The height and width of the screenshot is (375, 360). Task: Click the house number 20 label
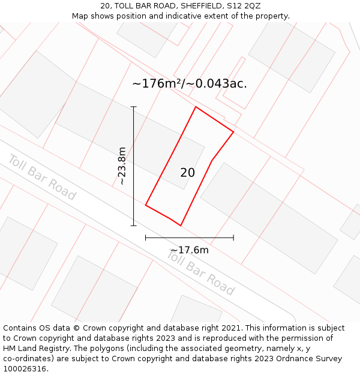coord(187,173)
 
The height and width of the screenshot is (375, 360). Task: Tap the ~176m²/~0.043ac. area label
coord(189,84)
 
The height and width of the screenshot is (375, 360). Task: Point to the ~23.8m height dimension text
coord(122,166)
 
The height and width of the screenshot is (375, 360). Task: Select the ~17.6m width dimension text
coord(189,250)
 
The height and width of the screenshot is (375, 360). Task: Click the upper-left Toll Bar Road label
coord(42,177)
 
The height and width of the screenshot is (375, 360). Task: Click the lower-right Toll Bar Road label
coord(200,273)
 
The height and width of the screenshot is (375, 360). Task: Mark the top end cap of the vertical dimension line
coord(133,107)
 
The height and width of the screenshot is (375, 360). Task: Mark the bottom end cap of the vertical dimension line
coord(133,226)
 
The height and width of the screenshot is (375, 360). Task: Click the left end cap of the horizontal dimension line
coord(146,238)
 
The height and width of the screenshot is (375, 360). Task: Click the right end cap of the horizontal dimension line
coord(233,238)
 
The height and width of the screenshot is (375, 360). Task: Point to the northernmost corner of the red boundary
coord(196,107)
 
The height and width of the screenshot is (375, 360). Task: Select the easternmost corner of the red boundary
coord(233,132)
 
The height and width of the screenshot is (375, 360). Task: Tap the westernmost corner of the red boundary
coord(146,205)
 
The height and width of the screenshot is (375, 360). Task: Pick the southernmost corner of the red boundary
coord(181,226)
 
